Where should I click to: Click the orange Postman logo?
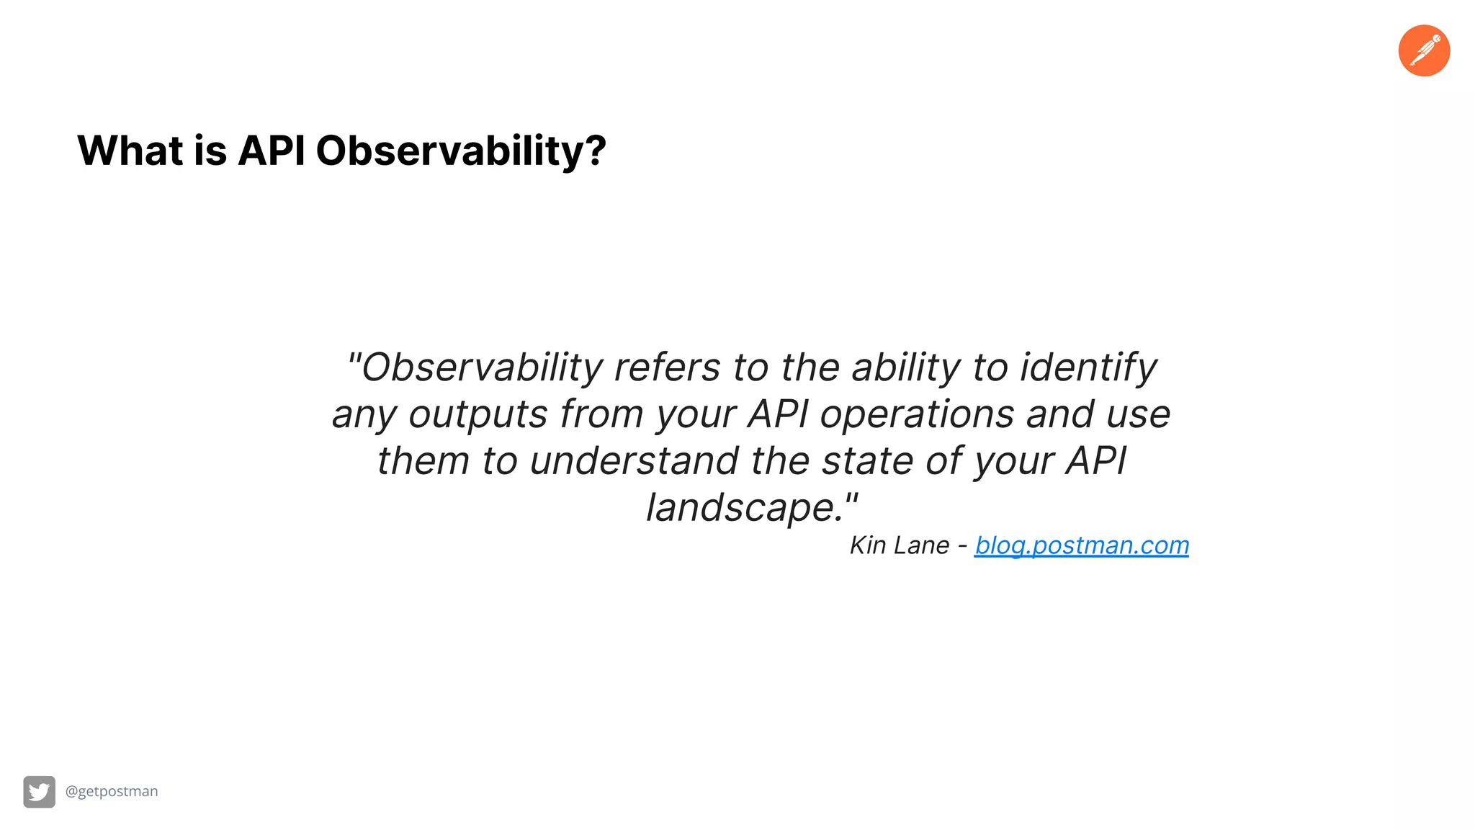1424,50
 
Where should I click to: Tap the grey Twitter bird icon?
39,792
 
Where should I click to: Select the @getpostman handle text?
112,791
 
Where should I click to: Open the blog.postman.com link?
1081,545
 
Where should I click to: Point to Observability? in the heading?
461,151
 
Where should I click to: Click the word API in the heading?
271,151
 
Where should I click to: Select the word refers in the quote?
667,367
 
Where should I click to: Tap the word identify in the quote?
1088,367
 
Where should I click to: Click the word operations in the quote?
917,414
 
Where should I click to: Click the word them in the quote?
423,461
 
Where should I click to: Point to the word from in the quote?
601,414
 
